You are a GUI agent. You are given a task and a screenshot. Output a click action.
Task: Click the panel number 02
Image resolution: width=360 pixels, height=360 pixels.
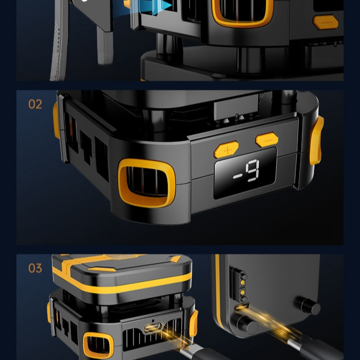click(x=35, y=104)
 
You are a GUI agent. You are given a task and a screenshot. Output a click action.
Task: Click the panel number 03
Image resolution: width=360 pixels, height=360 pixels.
click(x=35, y=268)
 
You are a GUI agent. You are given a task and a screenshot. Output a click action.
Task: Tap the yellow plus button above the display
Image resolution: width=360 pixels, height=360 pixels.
click(x=226, y=149)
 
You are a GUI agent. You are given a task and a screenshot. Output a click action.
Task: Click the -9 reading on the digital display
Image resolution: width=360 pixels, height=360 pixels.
click(x=247, y=171)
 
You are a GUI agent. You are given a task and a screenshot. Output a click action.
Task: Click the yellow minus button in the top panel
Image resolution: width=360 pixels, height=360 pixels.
click(x=325, y=22)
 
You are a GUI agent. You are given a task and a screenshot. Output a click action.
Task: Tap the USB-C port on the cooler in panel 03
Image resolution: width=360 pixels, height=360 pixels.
click(x=153, y=328)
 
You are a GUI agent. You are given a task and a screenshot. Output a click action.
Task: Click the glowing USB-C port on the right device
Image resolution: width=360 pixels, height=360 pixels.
click(x=242, y=307)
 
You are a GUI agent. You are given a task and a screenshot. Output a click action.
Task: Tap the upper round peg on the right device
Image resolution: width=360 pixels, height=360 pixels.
click(x=308, y=305)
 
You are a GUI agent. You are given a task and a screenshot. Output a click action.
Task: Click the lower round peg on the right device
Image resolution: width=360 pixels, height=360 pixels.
click(x=247, y=324)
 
